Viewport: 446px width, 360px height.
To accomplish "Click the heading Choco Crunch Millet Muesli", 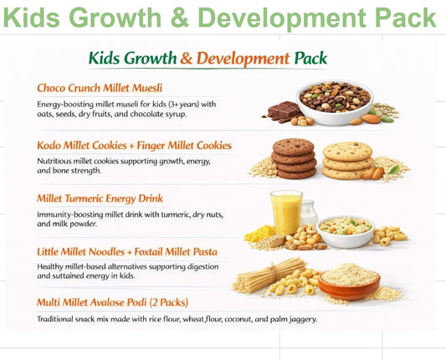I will [x=100, y=88].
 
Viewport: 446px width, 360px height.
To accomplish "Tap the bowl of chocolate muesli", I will [x=333, y=101].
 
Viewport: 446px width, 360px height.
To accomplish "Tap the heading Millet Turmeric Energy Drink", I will [x=100, y=199].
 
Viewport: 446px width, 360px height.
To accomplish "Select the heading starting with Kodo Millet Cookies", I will [x=134, y=145].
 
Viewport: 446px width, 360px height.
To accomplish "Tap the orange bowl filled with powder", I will [x=349, y=282].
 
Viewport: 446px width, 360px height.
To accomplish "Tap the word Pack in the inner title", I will [x=311, y=59].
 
